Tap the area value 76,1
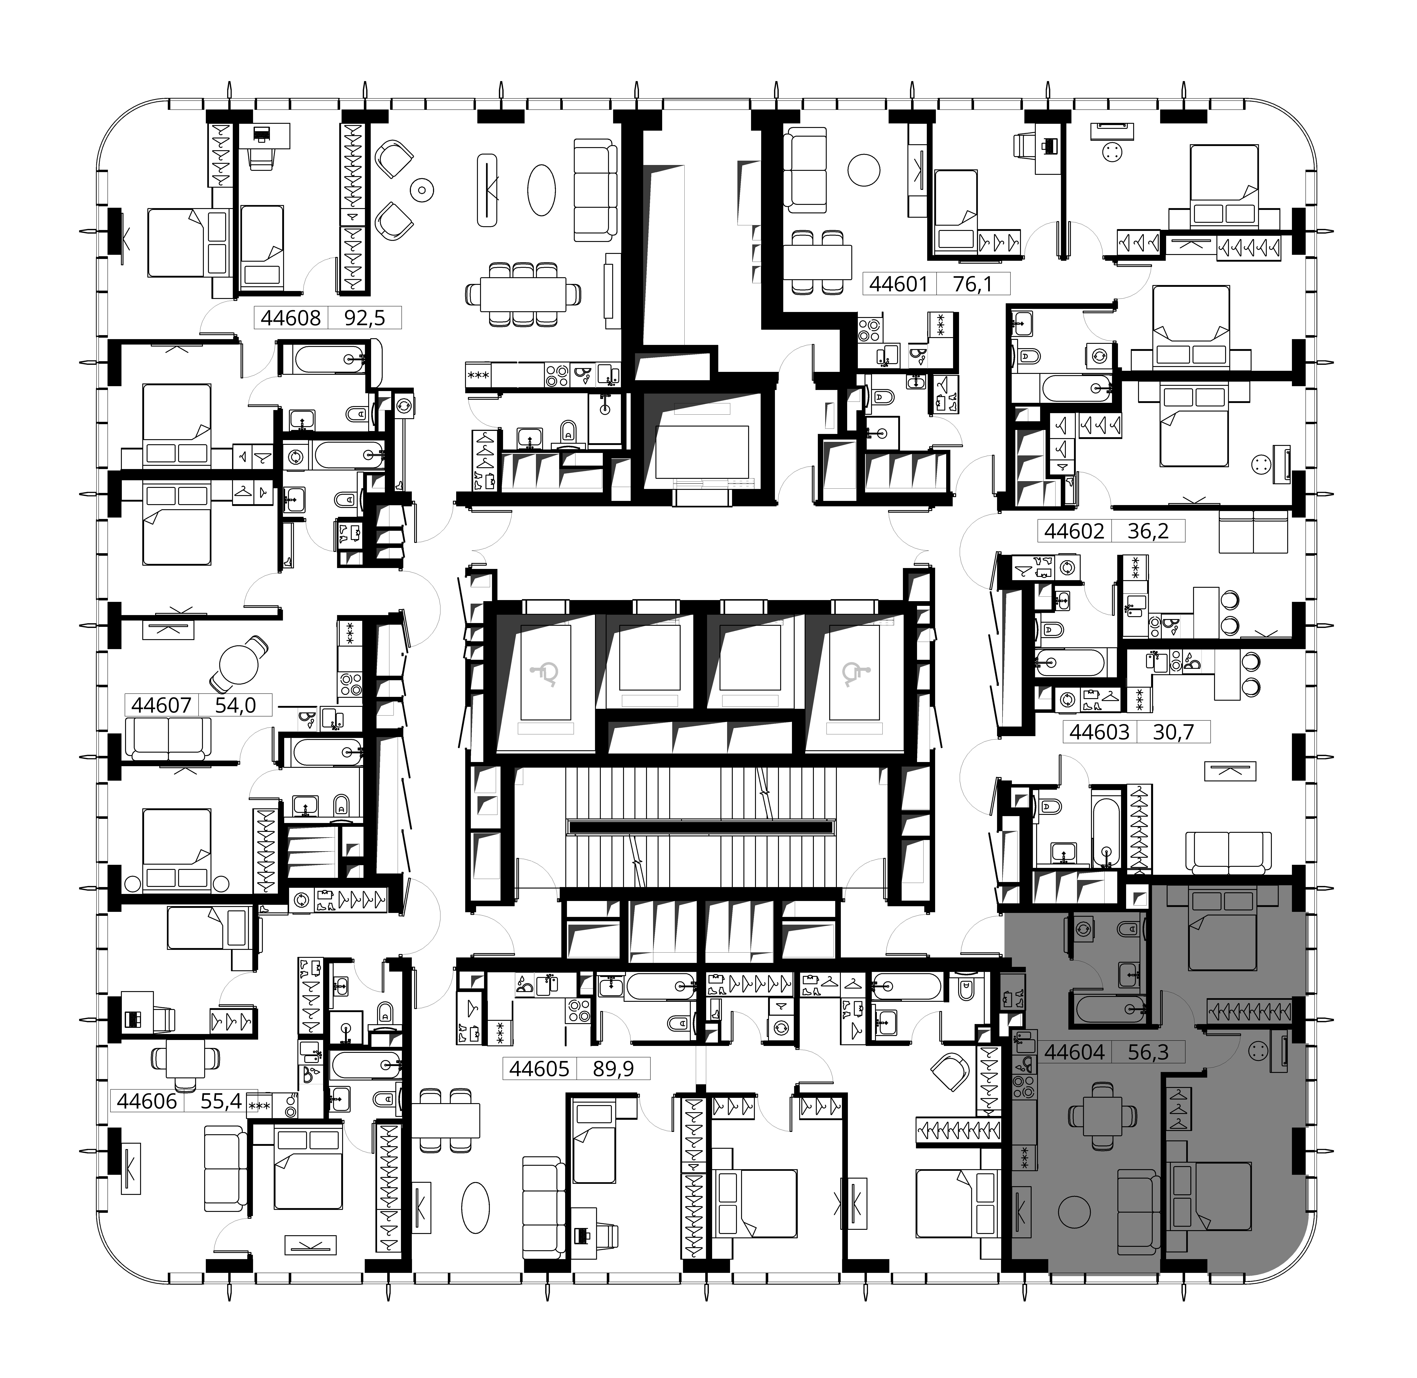(972, 284)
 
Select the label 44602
(1075, 531)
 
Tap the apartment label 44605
(539, 1068)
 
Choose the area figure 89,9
(613, 1068)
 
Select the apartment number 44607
(161, 705)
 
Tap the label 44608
(290, 318)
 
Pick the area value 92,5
(364, 318)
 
